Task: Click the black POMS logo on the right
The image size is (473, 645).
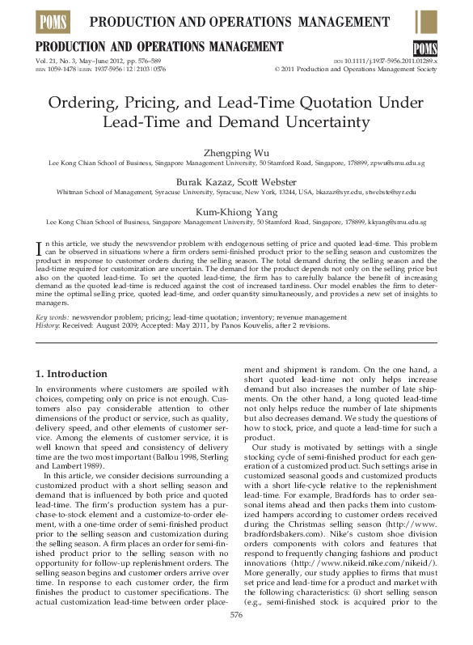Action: (x=424, y=48)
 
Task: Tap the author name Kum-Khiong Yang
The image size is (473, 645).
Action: (x=236, y=210)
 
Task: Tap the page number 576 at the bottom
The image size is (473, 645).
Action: (x=236, y=615)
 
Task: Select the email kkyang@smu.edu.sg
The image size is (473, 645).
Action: (x=398, y=221)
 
